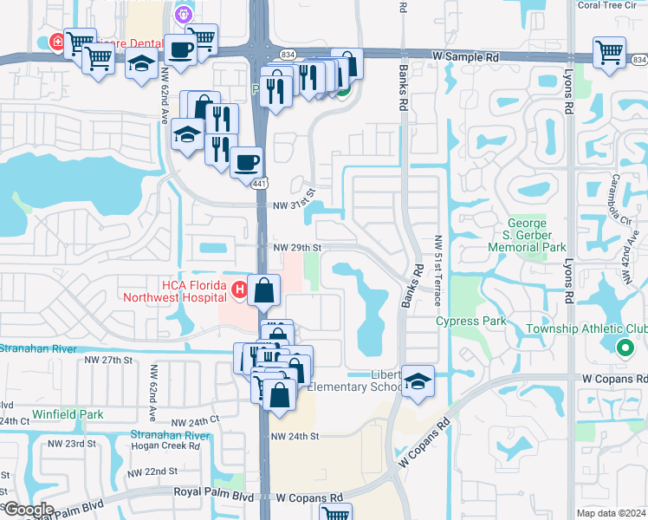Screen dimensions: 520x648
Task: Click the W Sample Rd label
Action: [x=466, y=56]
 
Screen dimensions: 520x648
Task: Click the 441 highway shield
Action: [x=259, y=183]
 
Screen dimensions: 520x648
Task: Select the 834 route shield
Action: [x=639, y=60]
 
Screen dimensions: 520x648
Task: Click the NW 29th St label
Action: [x=297, y=247]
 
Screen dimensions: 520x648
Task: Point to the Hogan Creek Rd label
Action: [x=165, y=446]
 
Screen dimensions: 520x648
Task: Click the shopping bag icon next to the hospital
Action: [x=263, y=289]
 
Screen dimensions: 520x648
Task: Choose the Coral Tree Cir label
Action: [x=613, y=5]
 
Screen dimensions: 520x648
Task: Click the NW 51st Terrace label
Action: [x=439, y=271]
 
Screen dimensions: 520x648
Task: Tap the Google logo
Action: [x=28, y=510]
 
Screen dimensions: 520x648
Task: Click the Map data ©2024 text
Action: [x=612, y=513]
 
